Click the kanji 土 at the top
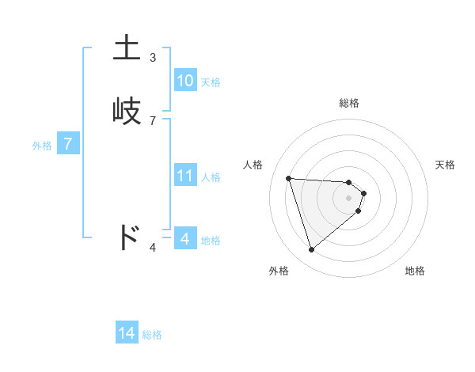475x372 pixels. coord(128,47)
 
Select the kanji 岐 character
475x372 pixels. coord(128,110)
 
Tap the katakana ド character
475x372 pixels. coord(128,237)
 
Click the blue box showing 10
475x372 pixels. coord(184,80)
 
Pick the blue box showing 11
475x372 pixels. coord(184,176)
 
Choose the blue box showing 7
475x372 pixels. coord(68,144)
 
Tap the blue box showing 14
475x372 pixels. coord(127,333)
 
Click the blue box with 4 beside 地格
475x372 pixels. coord(184,238)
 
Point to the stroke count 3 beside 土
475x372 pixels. coord(153,58)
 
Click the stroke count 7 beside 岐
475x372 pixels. coord(153,121)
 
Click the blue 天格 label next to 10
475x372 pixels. coord(211,82)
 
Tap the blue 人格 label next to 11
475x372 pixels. coord(211,177)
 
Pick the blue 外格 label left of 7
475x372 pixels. coord(42,146)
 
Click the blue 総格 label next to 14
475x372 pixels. coord(152,335)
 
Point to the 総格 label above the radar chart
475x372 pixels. coord(349,103)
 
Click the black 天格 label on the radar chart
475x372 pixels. coord(446,165)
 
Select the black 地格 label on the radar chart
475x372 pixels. coord(415,271)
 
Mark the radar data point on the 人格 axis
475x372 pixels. coord(289,178)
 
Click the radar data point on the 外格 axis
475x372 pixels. coord(312,249)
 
